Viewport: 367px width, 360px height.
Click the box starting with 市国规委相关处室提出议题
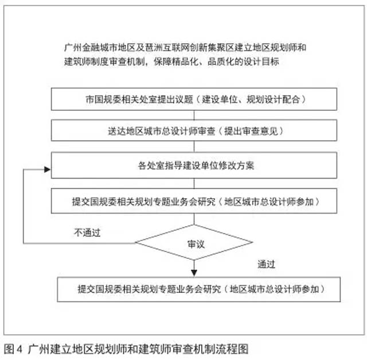(195, 99)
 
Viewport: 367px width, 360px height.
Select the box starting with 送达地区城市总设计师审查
(195, 131)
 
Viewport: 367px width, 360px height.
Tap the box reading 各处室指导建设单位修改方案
(195, 167)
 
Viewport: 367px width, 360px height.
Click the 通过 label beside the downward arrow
(267, 265)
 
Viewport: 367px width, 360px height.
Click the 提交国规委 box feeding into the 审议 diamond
(195, 202)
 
